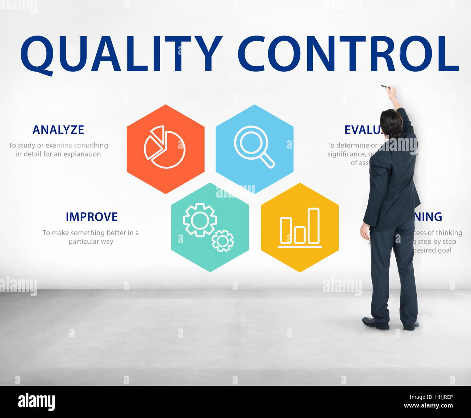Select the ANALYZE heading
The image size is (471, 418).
(58, 130)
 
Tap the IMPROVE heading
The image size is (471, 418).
(92, 217)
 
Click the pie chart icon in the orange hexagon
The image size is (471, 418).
(165, 147)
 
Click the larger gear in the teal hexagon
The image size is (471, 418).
(200, 220)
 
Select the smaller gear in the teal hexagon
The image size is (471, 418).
(222, 241)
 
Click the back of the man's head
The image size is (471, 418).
(391, 123)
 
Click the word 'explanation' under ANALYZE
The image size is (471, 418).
(82, 154)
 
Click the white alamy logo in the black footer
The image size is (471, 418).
(36, 402)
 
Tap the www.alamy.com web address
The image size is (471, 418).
(428, 406)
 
